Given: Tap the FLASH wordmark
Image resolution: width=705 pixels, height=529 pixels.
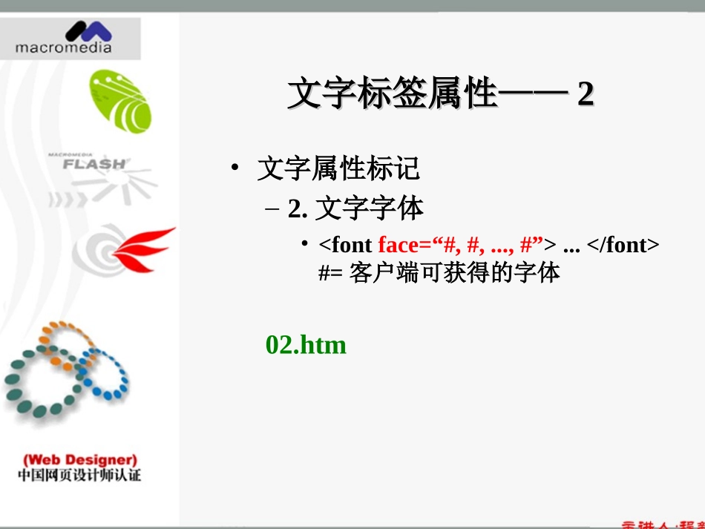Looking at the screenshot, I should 94,163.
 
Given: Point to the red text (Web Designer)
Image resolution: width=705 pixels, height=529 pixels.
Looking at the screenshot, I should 79,460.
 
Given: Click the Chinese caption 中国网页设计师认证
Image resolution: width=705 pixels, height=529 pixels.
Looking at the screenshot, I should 79,476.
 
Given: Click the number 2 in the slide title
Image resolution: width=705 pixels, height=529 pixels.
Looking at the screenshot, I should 586,95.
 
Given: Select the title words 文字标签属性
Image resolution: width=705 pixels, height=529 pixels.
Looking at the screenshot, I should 390,95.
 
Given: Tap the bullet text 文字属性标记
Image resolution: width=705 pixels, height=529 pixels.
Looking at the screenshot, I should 338,169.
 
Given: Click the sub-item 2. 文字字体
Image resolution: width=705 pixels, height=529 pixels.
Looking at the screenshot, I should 356,210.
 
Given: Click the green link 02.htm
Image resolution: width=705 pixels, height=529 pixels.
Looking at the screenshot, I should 306,345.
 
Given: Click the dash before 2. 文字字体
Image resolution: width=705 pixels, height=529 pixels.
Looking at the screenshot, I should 271,210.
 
